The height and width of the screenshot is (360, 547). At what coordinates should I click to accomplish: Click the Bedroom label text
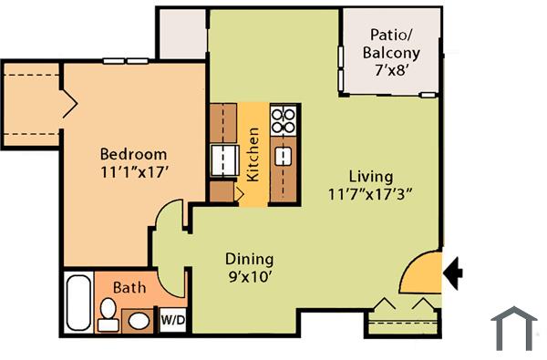[134, 153]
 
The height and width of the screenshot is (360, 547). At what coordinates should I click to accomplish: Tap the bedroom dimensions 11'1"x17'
[136, 170]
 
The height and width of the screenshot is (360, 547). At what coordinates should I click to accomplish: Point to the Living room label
[371, 176]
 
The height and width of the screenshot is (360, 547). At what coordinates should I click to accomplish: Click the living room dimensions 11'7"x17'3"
[371, 193]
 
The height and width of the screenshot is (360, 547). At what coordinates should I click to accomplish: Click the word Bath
[129, 287]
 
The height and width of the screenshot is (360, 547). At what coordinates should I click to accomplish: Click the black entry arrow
[454, 272]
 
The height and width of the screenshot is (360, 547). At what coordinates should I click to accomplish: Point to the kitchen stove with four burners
[284, 119]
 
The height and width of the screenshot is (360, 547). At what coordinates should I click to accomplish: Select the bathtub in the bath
[77, 303]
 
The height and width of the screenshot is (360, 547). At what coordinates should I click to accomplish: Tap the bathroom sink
[139, 320]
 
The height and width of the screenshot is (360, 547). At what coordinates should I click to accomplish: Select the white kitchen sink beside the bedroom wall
[222, 159]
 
